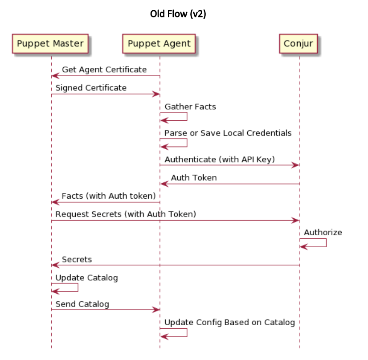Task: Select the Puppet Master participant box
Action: coord(50,44)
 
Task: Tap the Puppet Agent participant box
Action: coord(159,44)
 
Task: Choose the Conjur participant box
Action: coord(299,44)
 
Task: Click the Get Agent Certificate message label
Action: coord(104,70)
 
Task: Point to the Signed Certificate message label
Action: coord(91,88)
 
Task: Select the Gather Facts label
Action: coord(190,106)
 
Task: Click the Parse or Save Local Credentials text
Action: coord(228,133)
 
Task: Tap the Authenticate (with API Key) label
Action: coord(220,159)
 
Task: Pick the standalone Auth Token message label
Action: coord(194,178)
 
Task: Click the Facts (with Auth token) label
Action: coord(108,196)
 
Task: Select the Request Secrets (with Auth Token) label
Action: coord(126,214)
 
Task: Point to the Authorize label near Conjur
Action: coord(323,232)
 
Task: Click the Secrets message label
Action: coord(77,259)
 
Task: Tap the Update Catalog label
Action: coord(86,278)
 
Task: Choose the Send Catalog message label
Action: coord(82,304)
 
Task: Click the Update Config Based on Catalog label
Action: coord(229,322)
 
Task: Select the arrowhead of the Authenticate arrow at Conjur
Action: coord(295,165)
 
